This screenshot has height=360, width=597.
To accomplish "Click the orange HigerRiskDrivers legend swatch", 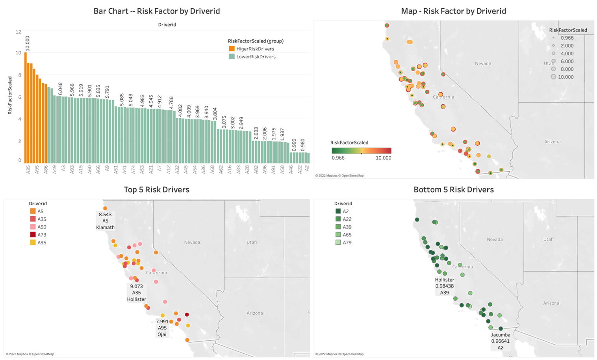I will click(232, 49).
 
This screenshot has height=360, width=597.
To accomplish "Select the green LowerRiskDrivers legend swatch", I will click(232, 57).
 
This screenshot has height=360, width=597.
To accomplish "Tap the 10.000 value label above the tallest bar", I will click(28, 43).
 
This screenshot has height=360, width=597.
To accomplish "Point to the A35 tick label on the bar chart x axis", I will click(28, 170).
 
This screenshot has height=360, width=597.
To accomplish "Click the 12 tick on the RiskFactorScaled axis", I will click(18, 32).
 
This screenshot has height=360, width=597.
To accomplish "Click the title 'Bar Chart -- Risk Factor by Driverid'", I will click(156, 11).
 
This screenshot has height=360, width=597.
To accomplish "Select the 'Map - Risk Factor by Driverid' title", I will click(453, 11).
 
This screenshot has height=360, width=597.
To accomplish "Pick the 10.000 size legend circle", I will click(553, 77).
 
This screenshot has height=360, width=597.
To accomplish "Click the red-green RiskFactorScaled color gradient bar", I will click(361, 150).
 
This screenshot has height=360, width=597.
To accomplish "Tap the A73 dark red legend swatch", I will click(33, 235).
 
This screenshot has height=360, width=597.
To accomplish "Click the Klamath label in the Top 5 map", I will click(106, 227).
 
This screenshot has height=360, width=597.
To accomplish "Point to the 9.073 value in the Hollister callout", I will click(137, 286).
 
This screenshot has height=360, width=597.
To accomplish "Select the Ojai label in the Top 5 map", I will click(162, 334).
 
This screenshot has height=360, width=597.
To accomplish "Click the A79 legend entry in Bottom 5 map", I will click(347, 243).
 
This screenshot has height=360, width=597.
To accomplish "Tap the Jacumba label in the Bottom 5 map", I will click(501, 335).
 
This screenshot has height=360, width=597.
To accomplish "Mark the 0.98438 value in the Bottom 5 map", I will click(445, 286).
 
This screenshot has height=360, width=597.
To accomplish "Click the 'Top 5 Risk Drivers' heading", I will click(156, 189).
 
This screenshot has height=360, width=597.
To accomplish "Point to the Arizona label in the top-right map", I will click(552, 142).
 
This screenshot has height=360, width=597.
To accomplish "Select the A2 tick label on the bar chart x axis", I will click(308, 170).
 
